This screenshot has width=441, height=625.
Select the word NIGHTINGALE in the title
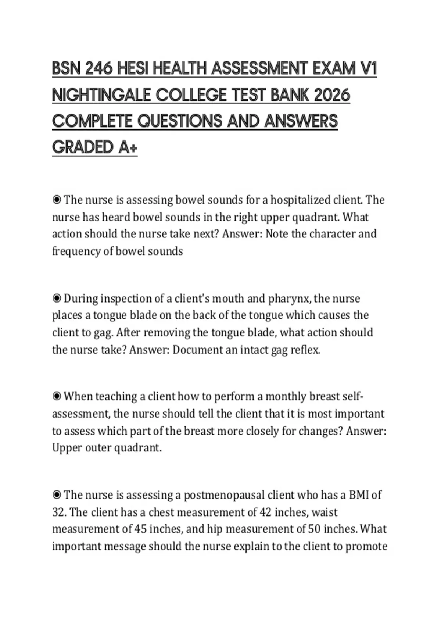click(x=101, y=95)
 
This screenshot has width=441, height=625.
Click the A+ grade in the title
click(x=128, y=147)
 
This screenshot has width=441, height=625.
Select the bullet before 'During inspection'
click(x=57, y=299)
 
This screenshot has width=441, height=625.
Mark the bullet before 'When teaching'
click(x=57, y=397)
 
